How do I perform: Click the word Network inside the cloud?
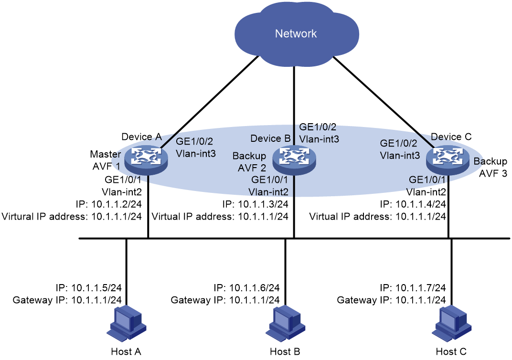click(296, 33)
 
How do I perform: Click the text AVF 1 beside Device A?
click(106, 166)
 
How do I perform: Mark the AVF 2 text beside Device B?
click(252, 168)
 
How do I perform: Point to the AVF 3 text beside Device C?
click(493, 173)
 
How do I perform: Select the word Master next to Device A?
click(105, 154)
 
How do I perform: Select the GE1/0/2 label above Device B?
click(318, 127)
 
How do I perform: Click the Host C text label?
click(451, 351)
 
